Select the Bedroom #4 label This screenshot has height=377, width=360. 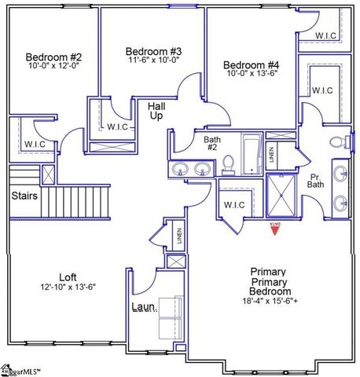[251, 64]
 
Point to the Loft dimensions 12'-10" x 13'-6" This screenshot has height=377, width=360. [68, 287]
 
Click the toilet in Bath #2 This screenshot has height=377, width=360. [229, 163]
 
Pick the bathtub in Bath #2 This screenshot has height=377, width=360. [252, 154]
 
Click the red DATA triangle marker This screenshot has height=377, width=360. [275, 228]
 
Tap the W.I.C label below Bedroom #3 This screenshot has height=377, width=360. [118, 126]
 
